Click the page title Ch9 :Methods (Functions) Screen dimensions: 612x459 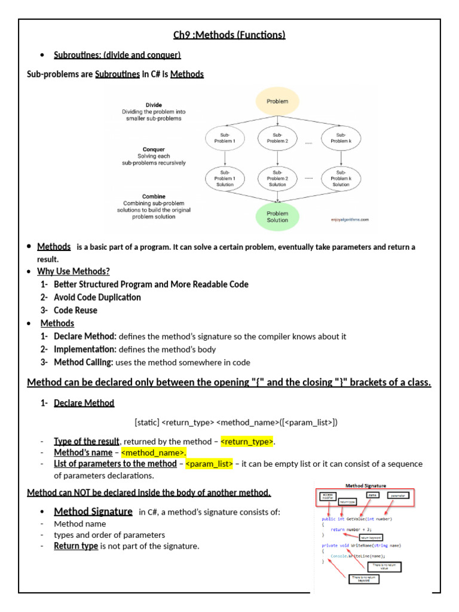click(229, 35)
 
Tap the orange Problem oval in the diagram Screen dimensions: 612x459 click(277, 101)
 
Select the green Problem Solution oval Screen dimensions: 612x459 click(277, 216)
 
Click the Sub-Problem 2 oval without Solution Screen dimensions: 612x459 click(277, 137)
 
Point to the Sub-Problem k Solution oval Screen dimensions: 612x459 click(341, 178)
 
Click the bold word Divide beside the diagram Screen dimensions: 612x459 click(154, 105)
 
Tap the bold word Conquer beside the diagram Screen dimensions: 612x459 click(154, 149)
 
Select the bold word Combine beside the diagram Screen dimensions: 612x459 click(154, 197)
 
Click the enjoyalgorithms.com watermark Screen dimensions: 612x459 click(350, 219)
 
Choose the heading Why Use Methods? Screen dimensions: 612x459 click(74, 271)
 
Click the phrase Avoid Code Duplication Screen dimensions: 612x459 click(97, 297)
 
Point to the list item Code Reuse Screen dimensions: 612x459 click(75, 310)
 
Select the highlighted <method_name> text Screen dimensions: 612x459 click(154, 452)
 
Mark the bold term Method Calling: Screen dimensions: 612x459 click(83, 362)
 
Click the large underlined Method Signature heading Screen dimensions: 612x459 click(93, 512)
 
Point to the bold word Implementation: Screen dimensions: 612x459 click(85, 349)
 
